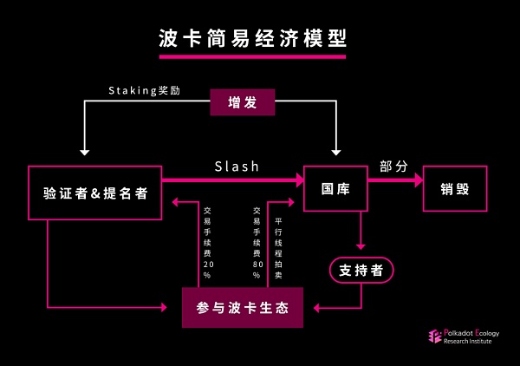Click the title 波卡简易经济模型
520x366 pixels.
click(x=251, y=37)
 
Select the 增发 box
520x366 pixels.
click(x=243, y=102)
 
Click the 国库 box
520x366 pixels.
click(x=335, y=188)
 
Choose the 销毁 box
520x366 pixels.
click(x=455, y=188)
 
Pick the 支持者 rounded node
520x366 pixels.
click(x=361, y=271)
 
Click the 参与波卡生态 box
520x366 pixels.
click(x=243, y=308)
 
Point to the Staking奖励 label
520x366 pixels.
click(x=145, y=90)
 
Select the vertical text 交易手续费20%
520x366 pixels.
click(x=207, y=243)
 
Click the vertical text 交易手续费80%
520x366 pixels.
click(x=257, y=243)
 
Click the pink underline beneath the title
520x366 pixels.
click(x=251, y=56)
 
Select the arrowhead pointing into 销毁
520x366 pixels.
click(x=418, y=180)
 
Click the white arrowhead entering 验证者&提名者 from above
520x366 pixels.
click(x=84, y=152)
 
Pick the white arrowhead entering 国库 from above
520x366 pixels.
click(x=335, y=152)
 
